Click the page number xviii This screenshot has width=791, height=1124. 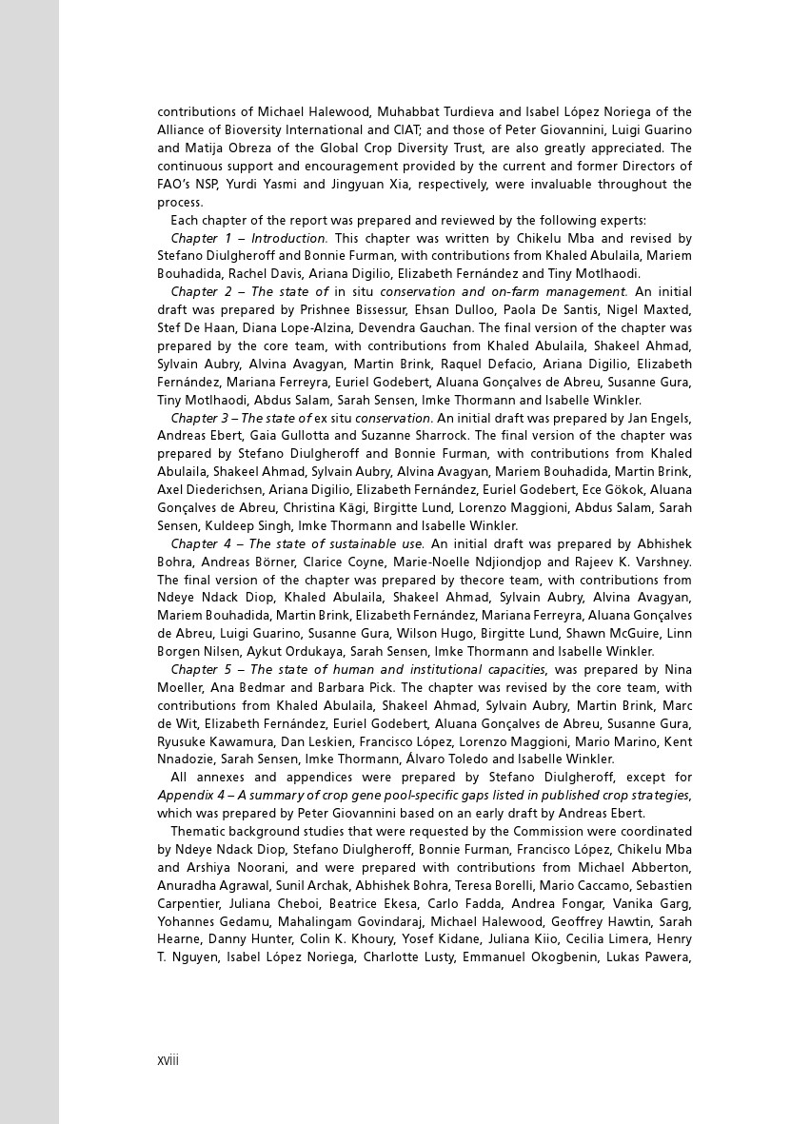[x=168, y=1060]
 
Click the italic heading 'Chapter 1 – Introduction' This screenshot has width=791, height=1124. [x=249, y=238]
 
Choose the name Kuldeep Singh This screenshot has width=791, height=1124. [x=247, y=526]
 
